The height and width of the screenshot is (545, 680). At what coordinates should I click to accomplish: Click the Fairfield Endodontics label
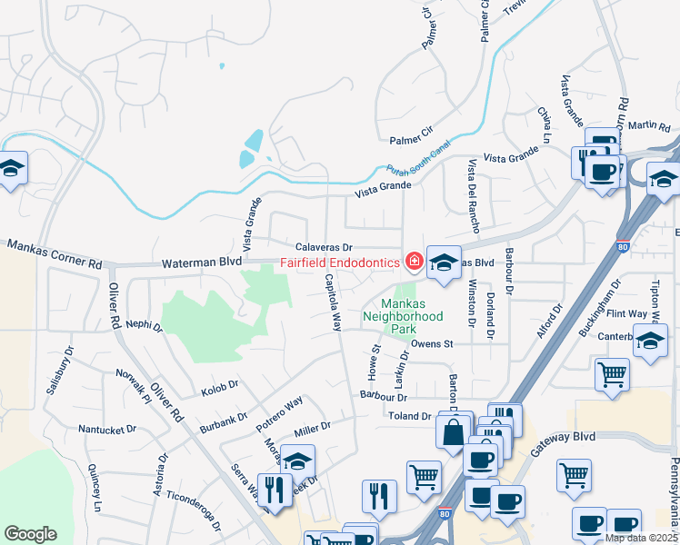[x=339, y=263]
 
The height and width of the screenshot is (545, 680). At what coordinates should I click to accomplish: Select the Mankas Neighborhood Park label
[x=402, y=316]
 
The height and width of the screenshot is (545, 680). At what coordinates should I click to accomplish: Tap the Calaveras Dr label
[x=323, y=247]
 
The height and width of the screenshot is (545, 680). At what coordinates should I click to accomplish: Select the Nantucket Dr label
[x=106, y=429]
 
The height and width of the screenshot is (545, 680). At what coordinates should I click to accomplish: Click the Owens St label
[x=431, y=344]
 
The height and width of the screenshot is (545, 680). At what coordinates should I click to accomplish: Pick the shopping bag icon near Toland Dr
[x=454, y=432]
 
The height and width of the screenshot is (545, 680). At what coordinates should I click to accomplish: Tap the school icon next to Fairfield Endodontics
[x=443, y=263]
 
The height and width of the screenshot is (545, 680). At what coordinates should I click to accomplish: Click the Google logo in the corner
[x=31, y=534]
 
